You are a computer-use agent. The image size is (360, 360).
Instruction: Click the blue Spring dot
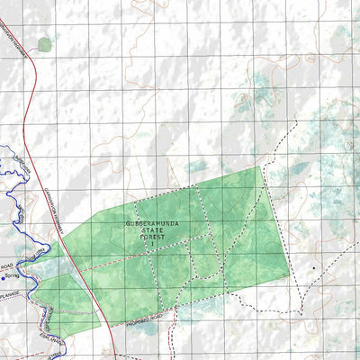pos(4,276)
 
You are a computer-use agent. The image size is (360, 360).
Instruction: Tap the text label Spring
pos(13,277)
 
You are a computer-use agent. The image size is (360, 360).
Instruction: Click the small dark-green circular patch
pos(45,43)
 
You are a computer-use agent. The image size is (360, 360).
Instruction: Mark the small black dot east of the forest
pos(313,267)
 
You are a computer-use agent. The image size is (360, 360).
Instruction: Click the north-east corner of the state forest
pos(261,166)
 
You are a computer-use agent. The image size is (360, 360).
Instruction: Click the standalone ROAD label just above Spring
pos(9,267)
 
